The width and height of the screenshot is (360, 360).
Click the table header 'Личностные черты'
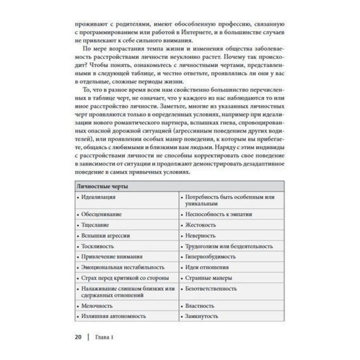tap(102, 187)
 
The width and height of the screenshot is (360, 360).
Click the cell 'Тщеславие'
tap(93, 225)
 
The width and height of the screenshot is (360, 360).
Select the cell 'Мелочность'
tap(95, 305)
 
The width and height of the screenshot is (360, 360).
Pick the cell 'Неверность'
tap(200, 235)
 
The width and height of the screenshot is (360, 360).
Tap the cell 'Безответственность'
tap(211, 289)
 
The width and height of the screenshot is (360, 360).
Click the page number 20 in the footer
tap(78, 336)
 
